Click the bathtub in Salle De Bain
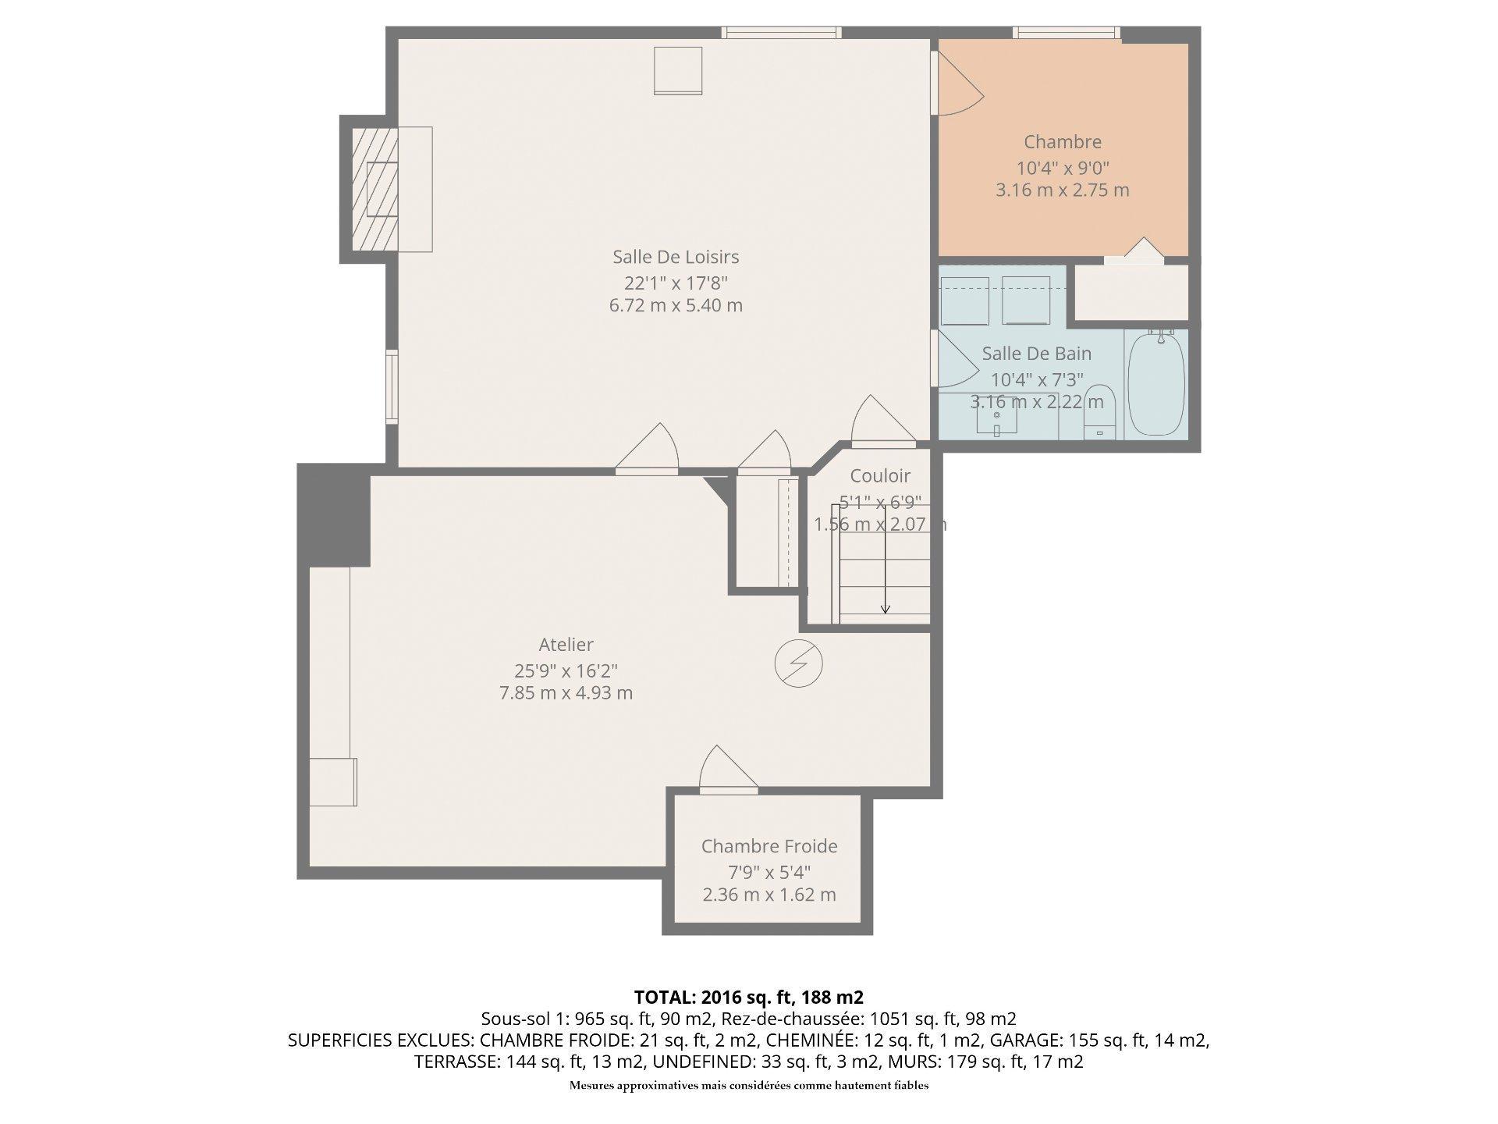[1156, 384]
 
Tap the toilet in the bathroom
[1100, 411]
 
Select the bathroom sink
[996, 418]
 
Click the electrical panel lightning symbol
[798, 663]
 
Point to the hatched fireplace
[374, 189]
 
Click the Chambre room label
[1063, 142]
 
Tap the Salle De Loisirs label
[676, 257]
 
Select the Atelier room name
[566, 645]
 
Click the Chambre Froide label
[769, 846]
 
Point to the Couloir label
[880, 476]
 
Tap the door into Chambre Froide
[728, 771]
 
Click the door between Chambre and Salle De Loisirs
[958, 84]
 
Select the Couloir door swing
[882, 421]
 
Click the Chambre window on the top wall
[1067, 33]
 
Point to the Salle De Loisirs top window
[781, 33]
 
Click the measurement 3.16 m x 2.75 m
[1063, 190]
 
